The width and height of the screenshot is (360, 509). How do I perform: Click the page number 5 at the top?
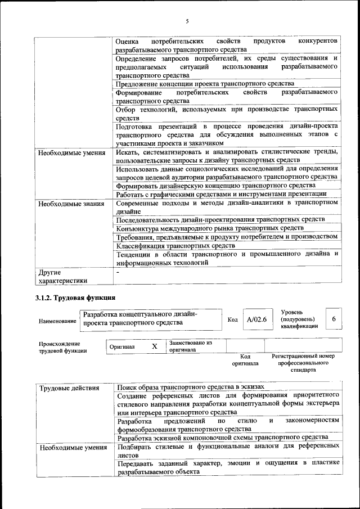(x=187, y=21)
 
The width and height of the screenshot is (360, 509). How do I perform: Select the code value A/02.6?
(x=256, y=319)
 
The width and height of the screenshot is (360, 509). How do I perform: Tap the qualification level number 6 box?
(x=334, y=319)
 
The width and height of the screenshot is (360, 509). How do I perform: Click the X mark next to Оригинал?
(x=155, y=346)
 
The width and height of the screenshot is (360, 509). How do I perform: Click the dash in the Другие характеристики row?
(x=118, y=272)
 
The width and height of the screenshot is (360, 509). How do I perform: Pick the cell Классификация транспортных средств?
(x=175, y=246)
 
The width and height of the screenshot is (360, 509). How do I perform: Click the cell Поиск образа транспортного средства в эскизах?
(x=190, y=388)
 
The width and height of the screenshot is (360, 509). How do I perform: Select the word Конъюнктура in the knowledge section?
(x=139, y=228)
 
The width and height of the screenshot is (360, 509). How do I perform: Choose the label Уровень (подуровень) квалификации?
(x=299, y=319)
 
